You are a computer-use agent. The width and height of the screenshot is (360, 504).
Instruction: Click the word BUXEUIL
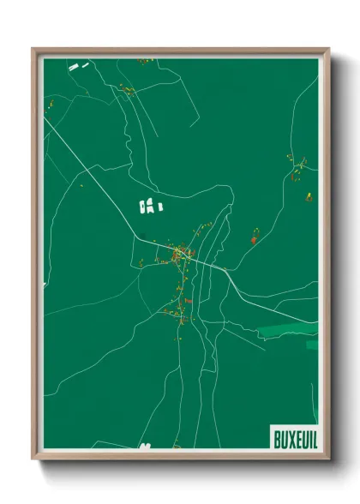click(x=295, y=437)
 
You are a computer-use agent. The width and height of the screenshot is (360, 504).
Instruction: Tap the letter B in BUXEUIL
click(x=277, y=437)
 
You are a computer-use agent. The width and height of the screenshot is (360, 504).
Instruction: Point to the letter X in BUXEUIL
click(x=289, y=437)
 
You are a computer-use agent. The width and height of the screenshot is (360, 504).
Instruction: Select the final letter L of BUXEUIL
click(x=313, y=437)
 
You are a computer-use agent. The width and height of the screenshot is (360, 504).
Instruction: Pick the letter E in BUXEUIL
click(x=296, y=437)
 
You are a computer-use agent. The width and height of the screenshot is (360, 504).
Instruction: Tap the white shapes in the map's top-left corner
click(x=80, y=65)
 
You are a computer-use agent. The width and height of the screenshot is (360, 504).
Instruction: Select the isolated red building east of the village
click(x=255, y=240)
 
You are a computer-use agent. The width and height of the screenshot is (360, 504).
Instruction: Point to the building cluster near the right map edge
click(x=300, y=171)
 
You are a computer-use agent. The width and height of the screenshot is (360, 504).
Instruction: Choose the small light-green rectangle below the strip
click(x=312, y=345)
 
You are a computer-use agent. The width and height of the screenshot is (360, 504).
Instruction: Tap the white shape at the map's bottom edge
click(x=146, y=446)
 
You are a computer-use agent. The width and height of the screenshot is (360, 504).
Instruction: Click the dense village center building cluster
click(x=181, y=253)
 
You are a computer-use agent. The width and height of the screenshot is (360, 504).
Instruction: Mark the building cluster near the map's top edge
click(x=147, y=60)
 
